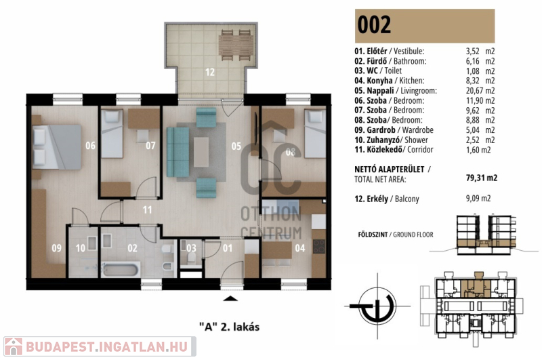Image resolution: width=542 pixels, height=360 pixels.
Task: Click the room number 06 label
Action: click(x=91, y=146)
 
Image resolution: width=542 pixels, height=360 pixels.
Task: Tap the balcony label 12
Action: click(x=210, y=72)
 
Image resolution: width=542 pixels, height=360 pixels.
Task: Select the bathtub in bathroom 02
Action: click(x=121, y=269)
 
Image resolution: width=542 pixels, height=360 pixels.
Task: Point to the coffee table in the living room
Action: click(x=201, y=152)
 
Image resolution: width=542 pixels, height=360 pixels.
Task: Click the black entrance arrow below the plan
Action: click(x=230, y=298)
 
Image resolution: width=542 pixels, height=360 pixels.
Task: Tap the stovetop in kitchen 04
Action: click(x=318, y=246)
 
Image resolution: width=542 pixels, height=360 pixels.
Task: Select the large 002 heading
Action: click(x=374, y=24)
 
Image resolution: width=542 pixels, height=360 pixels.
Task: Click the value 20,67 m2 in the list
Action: click(x=480, y=91)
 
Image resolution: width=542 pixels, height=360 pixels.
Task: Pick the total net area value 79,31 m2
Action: click(x=482, y=178)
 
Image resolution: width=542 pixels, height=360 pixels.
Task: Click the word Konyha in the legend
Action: click(x=379, y=81)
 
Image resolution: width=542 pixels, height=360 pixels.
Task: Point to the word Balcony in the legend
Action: click(x=407, y=199)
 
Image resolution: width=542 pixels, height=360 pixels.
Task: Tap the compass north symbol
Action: click(x=377, y=306)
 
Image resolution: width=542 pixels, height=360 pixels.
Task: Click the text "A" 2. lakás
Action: click(x=230, y=327)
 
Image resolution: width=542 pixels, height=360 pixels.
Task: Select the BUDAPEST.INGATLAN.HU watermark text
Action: click(x=107, y=346)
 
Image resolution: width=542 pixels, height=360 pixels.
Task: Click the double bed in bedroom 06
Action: click(x=57, y=147)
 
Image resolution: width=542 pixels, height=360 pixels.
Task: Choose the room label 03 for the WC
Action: click(x=191, y=248)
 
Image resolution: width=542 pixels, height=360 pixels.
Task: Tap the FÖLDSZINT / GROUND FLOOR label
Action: click(x=396, y=235)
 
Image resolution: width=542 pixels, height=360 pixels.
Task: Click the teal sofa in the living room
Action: click(x=178, y=153)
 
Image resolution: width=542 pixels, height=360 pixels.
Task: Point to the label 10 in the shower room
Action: click(x=81, y=248)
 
